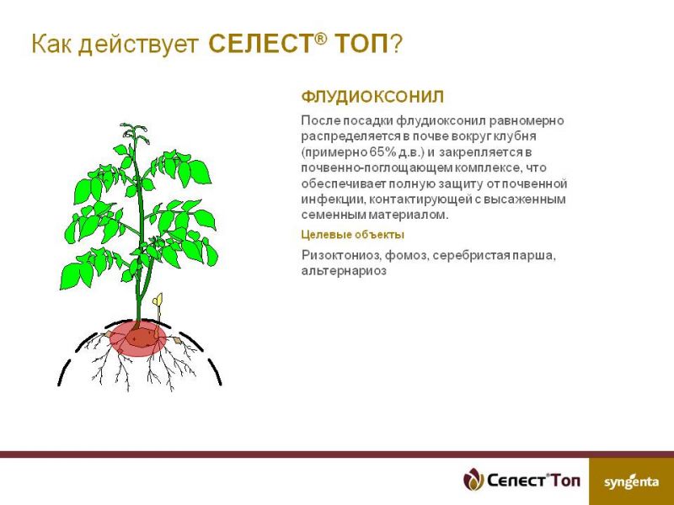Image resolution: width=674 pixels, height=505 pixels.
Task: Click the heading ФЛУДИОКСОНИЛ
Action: click(372, 97)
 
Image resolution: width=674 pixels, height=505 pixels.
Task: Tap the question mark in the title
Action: click(396, 44)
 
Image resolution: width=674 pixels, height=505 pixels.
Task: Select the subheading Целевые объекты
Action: click(352, 235)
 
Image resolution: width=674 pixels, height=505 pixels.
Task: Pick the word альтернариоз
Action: click(344, 271)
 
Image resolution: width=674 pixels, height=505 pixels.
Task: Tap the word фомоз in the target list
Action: click(407, 256)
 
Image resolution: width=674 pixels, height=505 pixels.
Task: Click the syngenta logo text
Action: click(631, 481)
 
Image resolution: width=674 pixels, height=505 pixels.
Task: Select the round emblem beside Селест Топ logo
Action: click(473, 479)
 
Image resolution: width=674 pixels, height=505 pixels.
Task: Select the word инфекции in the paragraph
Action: click(333, 199)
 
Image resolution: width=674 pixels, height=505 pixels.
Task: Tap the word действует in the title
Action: click(139, 45)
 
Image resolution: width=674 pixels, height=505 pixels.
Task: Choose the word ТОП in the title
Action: click(361, 44)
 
